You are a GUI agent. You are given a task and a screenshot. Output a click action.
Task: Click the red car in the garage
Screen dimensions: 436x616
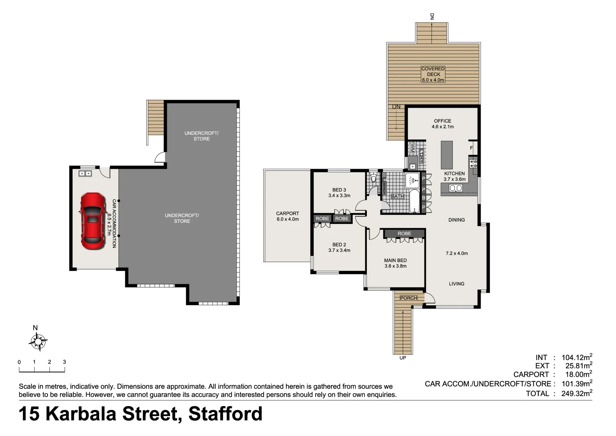[x=92, y=221]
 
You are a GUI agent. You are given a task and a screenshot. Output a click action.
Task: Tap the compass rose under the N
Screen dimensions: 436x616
[x=38, y=342]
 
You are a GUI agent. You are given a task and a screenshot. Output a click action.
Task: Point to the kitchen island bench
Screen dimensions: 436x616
[x=446, y=155]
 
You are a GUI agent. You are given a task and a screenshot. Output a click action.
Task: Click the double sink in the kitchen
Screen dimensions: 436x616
[x=456, y=188]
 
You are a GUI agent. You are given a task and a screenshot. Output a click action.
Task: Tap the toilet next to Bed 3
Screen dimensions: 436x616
[x=374, y=178]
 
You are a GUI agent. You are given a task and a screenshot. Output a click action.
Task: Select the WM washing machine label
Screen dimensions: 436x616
[x=412, y=148]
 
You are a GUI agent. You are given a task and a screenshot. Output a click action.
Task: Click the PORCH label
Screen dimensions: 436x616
[x=408, y=298]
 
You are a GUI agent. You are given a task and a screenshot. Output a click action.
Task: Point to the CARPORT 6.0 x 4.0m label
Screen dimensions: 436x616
[x=287, y=216]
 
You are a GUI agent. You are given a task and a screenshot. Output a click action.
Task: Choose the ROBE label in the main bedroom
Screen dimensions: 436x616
[x=404, y=233]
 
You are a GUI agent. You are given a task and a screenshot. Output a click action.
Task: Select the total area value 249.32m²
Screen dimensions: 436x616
[x=576, y=393]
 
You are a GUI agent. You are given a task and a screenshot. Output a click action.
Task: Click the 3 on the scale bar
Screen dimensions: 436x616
[x=65, y=362]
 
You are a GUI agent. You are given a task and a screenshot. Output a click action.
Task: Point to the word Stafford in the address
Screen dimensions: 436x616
[x=225, y=414]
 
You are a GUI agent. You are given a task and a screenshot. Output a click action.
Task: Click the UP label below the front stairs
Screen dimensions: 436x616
[x=402, y=358]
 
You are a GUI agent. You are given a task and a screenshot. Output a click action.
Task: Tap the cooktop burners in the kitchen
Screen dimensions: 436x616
[x=473, y=163]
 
